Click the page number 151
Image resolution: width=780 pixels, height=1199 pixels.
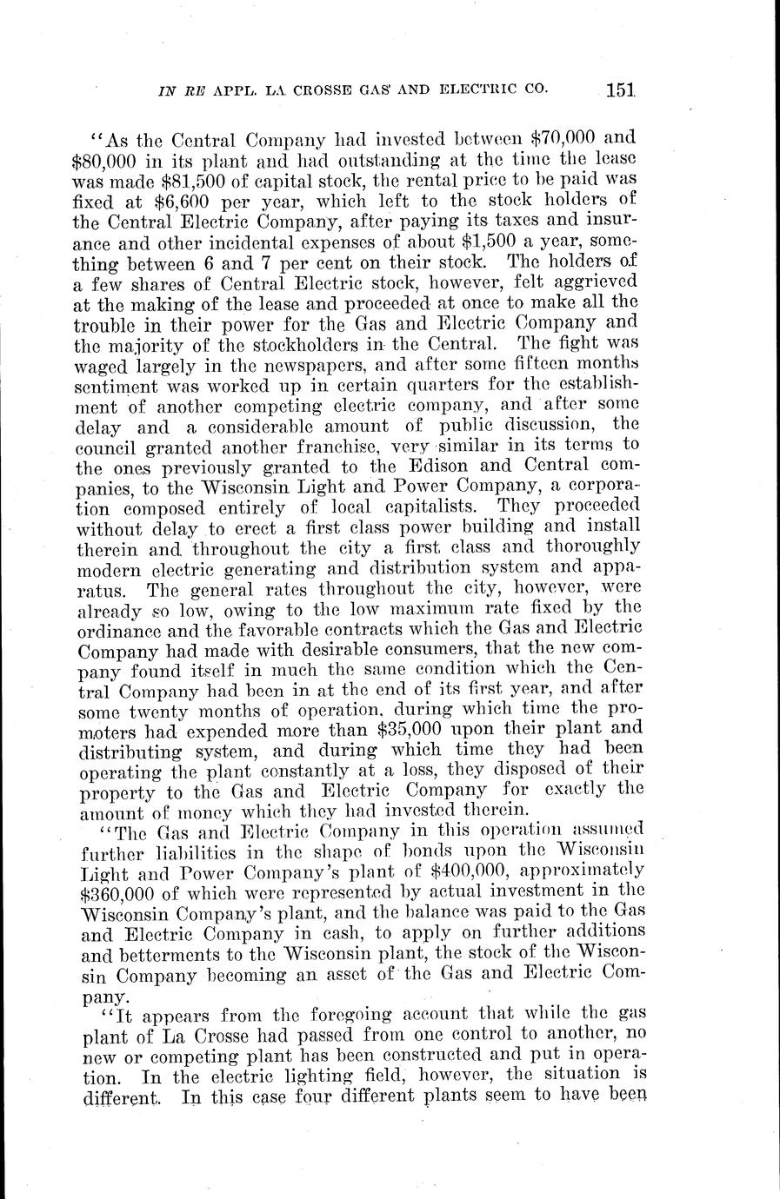[x=623, y=88]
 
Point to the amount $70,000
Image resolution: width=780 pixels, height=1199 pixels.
[x=567, y=137]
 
